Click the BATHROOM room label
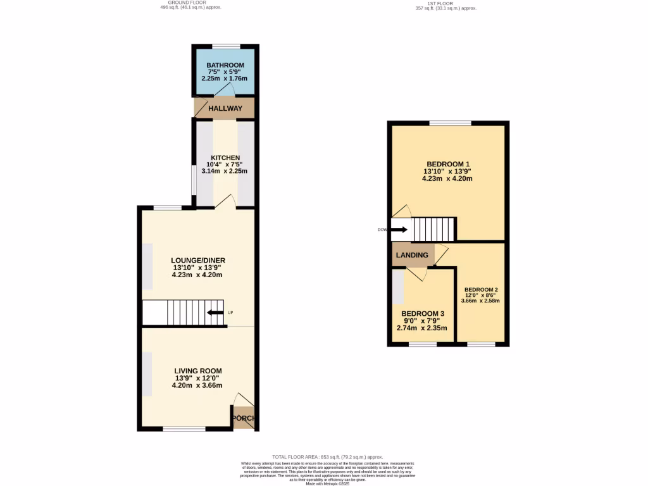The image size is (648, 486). coord(225,65)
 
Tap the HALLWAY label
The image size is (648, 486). coord(225,108)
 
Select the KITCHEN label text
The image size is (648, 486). coord(225,158)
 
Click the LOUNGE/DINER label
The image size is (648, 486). coord(198,260)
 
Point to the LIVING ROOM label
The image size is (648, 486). coord(197,371)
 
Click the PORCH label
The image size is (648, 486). coord(244,418)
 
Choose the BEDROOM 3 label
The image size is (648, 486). coord(423,313)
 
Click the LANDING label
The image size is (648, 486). coord(412,255)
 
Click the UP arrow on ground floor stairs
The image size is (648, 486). coord(216,313)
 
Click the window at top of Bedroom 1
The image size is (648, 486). coord(450,122)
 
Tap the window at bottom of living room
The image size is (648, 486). coord(184,429)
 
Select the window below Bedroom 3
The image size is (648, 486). coord(422,344)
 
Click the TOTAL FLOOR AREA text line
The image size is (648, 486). coord(327,457)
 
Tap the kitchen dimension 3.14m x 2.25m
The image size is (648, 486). coord(225,171)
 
